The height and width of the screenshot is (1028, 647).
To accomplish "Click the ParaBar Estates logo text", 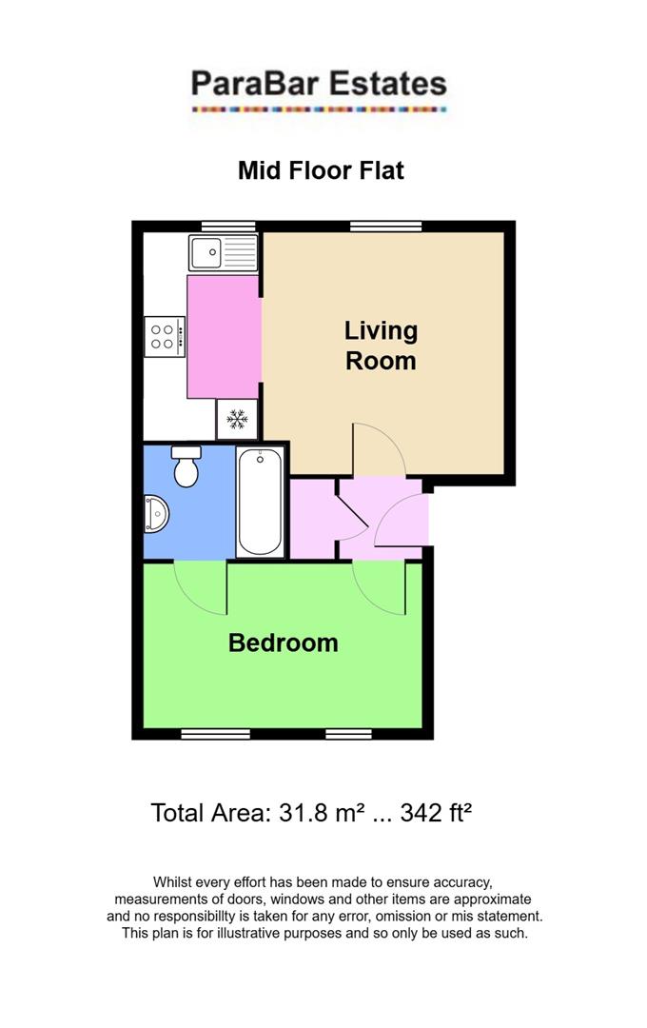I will (319, 84).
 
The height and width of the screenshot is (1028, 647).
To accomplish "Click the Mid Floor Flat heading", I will (321, 170).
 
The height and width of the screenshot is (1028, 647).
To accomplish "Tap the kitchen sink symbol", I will (224, 253).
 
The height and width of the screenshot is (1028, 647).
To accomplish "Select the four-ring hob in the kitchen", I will (164, 336).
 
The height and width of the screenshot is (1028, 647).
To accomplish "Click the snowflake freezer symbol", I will (237, 419).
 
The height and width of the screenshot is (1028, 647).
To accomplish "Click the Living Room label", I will (381, 346).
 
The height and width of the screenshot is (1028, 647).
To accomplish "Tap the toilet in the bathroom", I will (186, 465).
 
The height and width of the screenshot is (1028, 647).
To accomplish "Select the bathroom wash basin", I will (155, 515).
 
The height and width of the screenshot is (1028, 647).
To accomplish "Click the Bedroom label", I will (283, 642).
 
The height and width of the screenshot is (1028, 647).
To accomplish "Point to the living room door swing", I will (378, 449).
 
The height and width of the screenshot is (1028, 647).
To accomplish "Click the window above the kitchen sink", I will (228, 226).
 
